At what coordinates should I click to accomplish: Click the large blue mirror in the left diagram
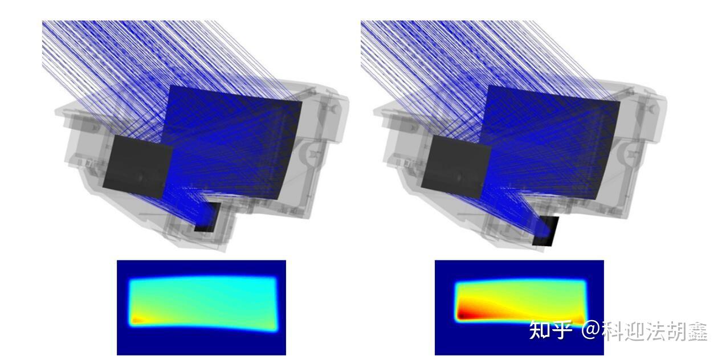[x=234, y=142]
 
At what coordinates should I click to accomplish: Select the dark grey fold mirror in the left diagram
[x=138, y=166]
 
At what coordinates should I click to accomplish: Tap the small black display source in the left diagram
[x=207, y=218]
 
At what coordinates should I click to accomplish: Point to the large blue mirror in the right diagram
[x=551, y=142]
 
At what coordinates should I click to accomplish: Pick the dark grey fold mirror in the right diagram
[x=456, y=166]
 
